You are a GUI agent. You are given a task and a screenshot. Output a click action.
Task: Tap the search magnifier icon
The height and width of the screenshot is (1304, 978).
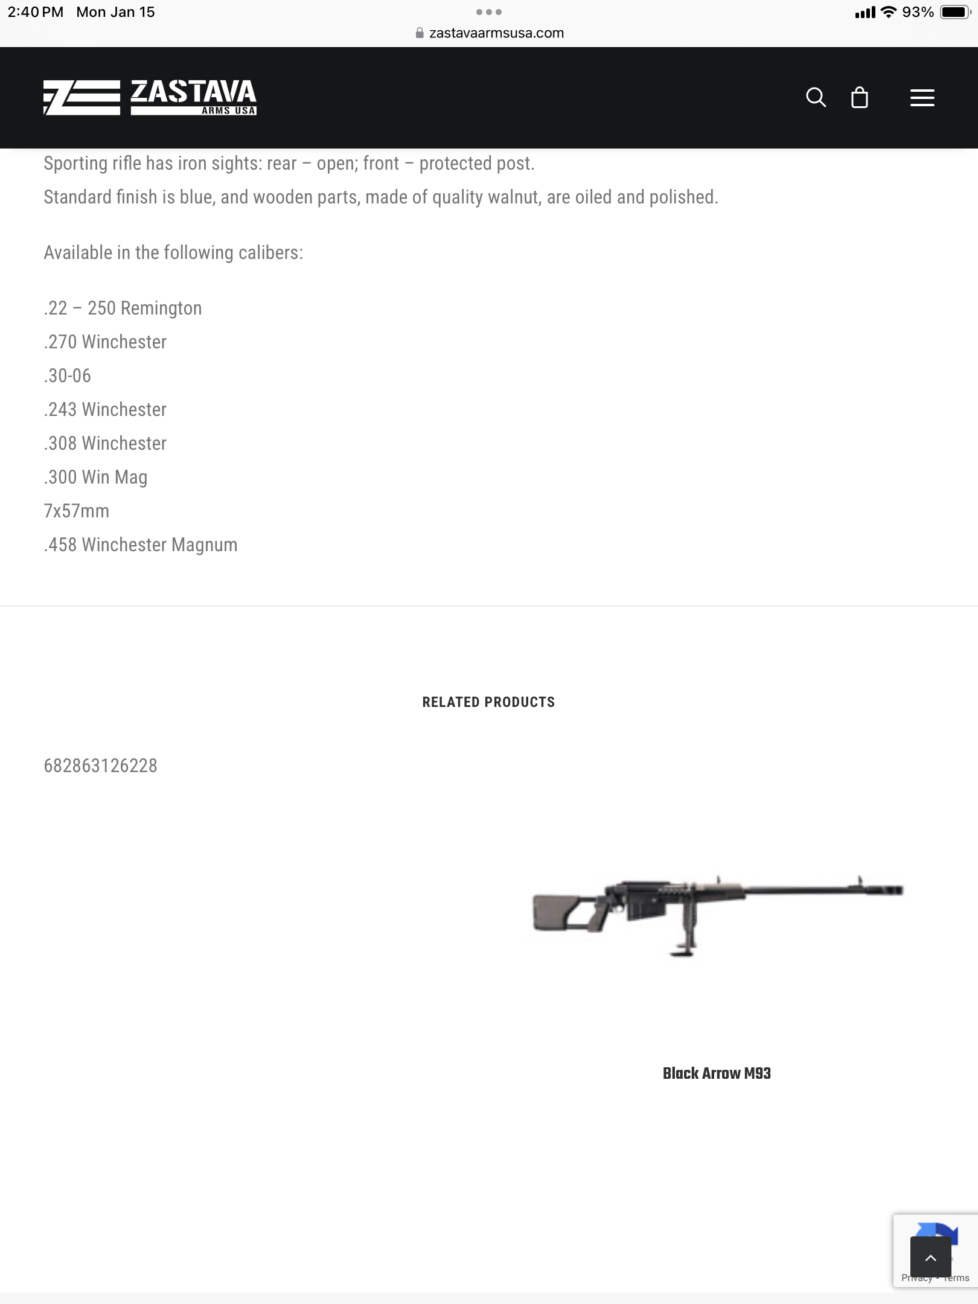pyautogui.click(x=816, y=97)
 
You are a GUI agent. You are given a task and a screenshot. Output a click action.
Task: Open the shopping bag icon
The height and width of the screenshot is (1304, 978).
pyautogui.click(x=859, y=97)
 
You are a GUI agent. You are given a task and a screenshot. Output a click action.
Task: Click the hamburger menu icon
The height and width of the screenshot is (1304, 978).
pyautogui.click(x=922, y=98)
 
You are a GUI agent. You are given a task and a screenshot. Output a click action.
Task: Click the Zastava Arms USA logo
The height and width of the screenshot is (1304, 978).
pyautogui.click(x=150, y=97)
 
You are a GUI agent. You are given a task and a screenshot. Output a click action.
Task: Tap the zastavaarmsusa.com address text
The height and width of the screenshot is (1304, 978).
pyautogui.click(x=496, y=33)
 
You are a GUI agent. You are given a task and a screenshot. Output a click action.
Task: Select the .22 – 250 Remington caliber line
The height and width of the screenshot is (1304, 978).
pyautogui.click(x=123, y=308)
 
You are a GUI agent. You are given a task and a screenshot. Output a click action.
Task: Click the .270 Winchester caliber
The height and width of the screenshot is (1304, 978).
pyautogui.click(x=105, y=342)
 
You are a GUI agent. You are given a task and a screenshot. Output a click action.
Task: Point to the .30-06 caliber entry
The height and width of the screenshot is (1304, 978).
pyautogui.click(x=68, y=376)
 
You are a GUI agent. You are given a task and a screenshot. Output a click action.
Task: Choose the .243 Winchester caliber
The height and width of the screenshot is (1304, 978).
pyautogui.click(x=105, y=410)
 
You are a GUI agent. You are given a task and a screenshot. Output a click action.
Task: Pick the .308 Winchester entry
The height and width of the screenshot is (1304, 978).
pyautogui.click(x=105, y=444)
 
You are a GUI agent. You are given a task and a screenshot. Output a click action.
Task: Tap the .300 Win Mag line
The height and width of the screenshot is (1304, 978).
pyautogui.click(x=95, y=478)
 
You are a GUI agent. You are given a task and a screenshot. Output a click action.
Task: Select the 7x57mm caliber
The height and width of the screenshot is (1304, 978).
pyautogui.click(x=77, y=511)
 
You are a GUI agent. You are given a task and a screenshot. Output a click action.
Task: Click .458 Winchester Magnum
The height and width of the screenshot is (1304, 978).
pyautogui.click(x=141, y=545)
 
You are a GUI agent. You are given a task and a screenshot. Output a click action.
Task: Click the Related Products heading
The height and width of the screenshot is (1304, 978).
pyautogui.click(x=488, y=702)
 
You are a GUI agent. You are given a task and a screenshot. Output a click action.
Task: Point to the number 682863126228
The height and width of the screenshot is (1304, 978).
pyautogui.click(x=101, y=766)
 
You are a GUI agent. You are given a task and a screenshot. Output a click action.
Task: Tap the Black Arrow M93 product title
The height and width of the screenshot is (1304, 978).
pyautogui.click(x=717, y=1073)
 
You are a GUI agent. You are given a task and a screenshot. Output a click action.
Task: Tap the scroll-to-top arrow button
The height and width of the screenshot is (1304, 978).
pyautogui.click(x=930, y=1258)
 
